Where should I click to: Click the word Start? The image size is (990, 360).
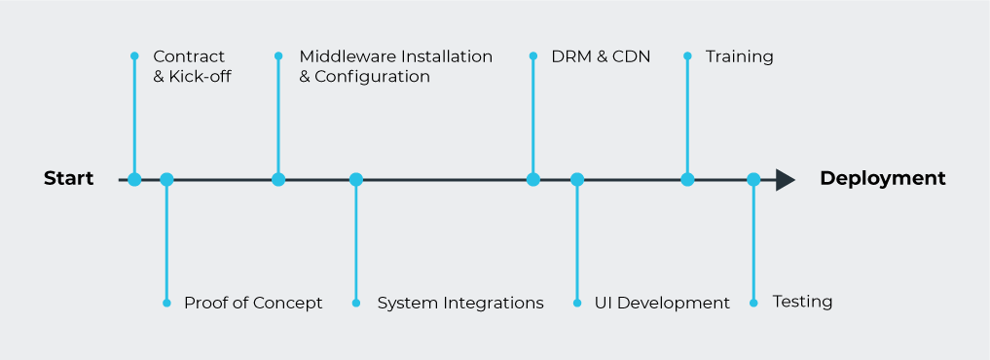pos(69,179)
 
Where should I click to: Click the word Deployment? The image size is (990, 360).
pos(882,179)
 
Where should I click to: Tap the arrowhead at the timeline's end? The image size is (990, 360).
pos(785,180)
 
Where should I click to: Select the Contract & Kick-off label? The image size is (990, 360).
pos(192,66)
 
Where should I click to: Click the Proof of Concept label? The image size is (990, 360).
pos(253,303)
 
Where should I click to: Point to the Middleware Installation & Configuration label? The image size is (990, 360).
pos(395,66)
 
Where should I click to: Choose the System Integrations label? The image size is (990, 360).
pos(460,303)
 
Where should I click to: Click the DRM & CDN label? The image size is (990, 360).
pos(601,56)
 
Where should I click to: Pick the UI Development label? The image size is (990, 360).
pos(662,303)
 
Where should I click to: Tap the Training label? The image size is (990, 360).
pos(739,56)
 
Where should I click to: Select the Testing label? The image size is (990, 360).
pos(802,302)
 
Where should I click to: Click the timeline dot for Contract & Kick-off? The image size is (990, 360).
pos(134,179)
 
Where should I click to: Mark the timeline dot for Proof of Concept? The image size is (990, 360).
pos(166,179)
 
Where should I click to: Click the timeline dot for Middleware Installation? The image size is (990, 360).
pos(278,179)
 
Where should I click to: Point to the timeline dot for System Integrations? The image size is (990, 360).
pos(356,179)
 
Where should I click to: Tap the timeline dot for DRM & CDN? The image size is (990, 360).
pos(533,179)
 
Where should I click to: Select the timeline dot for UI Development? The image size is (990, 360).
pos(577,179)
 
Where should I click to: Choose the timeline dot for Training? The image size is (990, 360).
pos(687,179)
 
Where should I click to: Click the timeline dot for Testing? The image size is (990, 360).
pos(753,179)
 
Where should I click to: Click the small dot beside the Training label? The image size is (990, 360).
pos(687,55)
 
